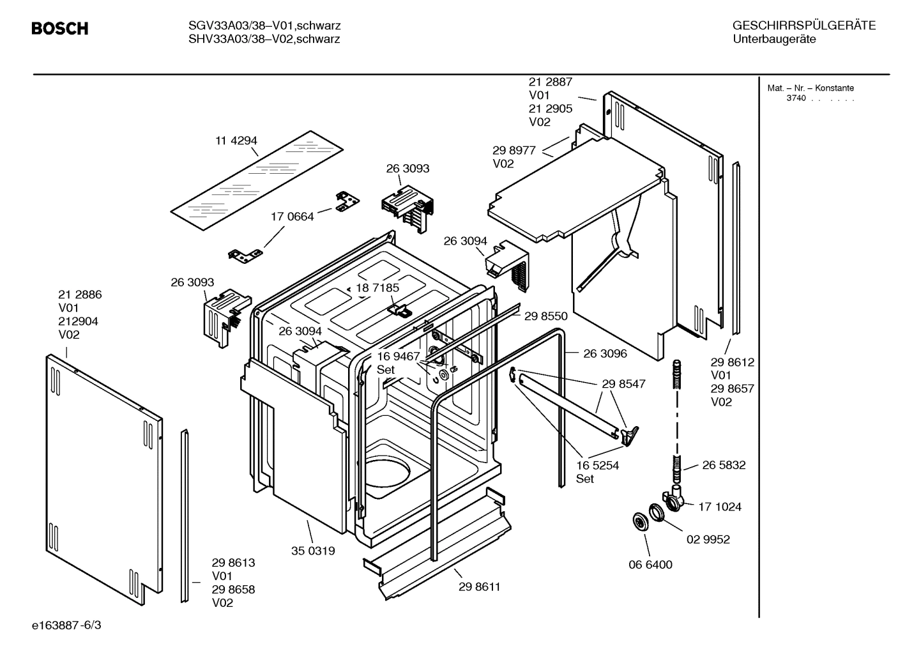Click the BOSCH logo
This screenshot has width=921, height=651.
(x=59, y=29)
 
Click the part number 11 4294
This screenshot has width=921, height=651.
(x=236, y=141)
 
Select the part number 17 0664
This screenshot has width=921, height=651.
(x=292, y=217)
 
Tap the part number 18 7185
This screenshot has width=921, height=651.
(x=377, y=288)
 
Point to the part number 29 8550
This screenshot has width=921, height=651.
(x=545, y=316)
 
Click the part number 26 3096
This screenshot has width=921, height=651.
(x=605, y=353)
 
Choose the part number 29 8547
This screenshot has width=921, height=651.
(x=623, y=384)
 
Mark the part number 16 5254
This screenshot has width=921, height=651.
(x=597, y=466)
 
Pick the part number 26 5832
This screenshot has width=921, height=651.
(x=724, y=465)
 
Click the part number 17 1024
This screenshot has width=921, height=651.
(x=720, y=507)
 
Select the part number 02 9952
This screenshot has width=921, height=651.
(x=708, y=539)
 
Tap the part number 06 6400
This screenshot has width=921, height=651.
(x=650, y=565)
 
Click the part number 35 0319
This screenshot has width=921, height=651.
(x=313, y=551)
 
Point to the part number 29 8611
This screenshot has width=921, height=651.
(x=479, y=586)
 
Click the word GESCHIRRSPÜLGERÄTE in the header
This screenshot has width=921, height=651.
(x=803, y=26)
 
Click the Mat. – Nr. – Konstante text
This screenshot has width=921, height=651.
(x=810, y=88)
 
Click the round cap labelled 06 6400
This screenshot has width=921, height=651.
(x=637, y=521)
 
